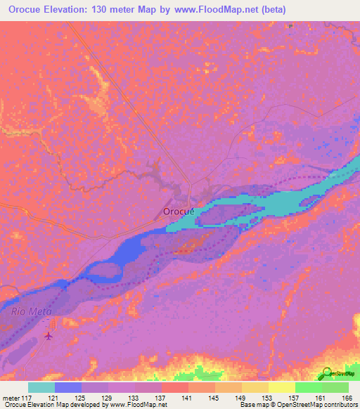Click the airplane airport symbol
click(49, 335)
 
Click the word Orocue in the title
click(30, 10)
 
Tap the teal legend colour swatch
click(41, 387)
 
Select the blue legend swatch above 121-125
click(68, 387)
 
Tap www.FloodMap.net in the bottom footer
click(134, 405)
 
